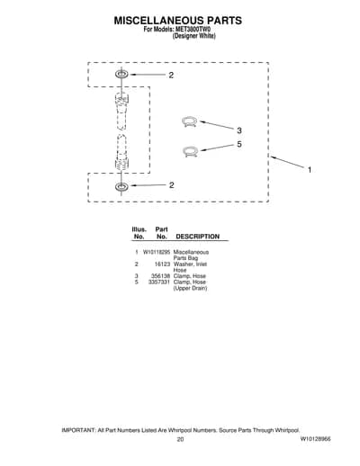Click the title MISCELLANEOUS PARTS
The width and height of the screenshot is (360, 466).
pyautogui.click(x=178, y=21)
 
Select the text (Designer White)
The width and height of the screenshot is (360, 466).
pyautogui.click(x=193, y=36)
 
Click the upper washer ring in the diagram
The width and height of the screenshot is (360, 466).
pyautogui.click(x=121, y=74)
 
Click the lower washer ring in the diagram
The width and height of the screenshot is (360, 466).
pyautogui.click(x=121, y=186)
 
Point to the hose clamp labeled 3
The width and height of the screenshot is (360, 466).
pyautogui.click(x=190, y=121)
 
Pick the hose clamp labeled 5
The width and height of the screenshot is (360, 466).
pyautogui.click(x=190, y=151)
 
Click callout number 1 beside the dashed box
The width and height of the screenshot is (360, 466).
pyautogui.click(x=310, y=170)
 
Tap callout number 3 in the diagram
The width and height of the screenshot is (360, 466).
pyautogui.click(x=239, y=130)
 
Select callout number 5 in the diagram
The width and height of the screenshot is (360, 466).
pyautogui.click(x=239, y=144)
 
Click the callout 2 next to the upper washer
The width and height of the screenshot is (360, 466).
pyautogui.click(x=171, y=76)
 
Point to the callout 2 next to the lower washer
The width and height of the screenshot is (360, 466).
pyautogui.click(x=171, y=185)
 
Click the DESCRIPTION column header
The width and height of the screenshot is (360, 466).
pyautogui.click(x=197, y=237)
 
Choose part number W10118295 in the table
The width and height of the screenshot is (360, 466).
pyautogui.click(x=157, y=252)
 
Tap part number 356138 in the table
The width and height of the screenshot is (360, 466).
pyautogui.click(x=161, y=276)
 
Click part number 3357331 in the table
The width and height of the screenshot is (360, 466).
pyautogui.click(x=159, y=282)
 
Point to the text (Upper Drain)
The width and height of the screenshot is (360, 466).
pyautogui.click(x=190, y=288)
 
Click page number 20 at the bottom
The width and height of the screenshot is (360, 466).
pyautogui.click(x=180, y=440)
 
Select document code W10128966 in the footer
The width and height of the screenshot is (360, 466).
pyautogui.click(x=315, y=439)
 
